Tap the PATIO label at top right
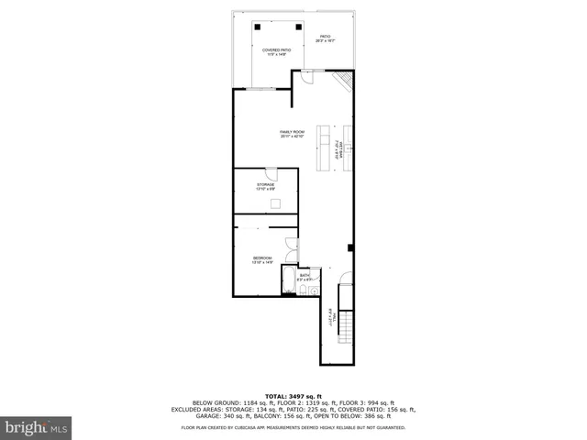tap(325, 39)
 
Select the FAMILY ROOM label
tap(293, 134)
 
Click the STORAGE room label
tap(266, 186)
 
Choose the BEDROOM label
tap(263, 260)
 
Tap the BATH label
tap(305, 276)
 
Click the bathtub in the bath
tap(288, 281)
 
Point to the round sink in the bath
tap(314, 291)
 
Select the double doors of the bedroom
tap(292, 245)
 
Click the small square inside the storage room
tap(273, 203)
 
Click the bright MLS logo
tap(36, 426)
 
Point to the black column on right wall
tap(350, 247)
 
